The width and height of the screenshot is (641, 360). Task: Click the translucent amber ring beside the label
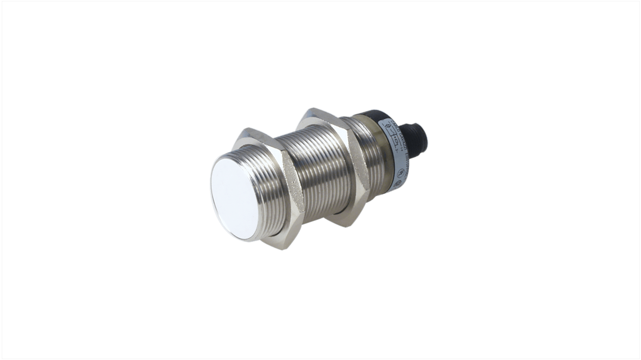pos(381,149)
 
